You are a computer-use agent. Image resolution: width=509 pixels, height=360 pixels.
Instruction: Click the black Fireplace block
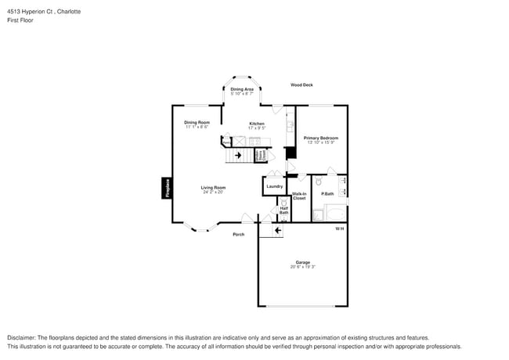coord(166,188)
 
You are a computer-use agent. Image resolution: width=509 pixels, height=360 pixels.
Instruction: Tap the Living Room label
coord(213,187)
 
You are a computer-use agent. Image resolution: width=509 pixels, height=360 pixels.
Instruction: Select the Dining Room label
coord(197,122)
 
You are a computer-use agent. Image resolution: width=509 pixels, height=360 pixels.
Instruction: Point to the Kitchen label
coord(257,124)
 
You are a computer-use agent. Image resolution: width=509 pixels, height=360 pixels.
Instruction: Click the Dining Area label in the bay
coord(242,89)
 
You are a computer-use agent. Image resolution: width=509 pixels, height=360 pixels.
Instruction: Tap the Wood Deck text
coord(301,85)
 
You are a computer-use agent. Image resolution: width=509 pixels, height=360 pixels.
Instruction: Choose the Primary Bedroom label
coord(321,138)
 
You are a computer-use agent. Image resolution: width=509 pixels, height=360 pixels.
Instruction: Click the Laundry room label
coord(274,186)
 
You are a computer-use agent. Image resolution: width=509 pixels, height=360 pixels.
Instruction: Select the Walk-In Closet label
coord(299,196)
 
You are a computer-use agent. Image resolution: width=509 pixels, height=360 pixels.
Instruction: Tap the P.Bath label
coord(327,193)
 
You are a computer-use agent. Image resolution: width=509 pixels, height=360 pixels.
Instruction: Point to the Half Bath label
coord(283,211)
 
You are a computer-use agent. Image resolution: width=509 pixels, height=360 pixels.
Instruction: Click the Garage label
coord(302,262)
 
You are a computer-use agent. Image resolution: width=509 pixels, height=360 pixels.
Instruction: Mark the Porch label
coord(238,234)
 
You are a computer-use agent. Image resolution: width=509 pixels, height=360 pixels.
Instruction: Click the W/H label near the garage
coord(339,229)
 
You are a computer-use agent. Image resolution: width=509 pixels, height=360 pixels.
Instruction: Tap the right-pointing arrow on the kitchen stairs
coord(238,155)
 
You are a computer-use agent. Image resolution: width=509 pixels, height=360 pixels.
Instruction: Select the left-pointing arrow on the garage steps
coord(278,230)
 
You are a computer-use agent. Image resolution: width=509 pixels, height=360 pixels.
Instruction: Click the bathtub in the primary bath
coord(335,214)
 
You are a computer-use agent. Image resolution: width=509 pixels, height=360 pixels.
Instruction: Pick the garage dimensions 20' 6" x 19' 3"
coord(302,267)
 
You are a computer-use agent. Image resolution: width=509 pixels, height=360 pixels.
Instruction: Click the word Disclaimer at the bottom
coord(21,337)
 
